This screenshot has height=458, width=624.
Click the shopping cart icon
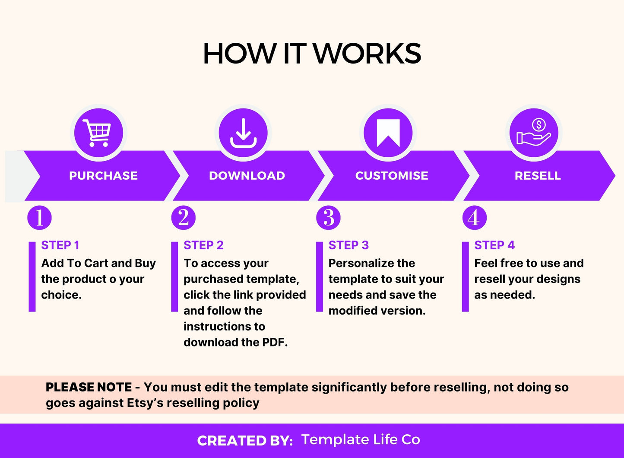pos(97,133)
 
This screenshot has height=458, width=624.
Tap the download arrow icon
pos(243,133)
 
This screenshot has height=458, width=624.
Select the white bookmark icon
pos(388,133)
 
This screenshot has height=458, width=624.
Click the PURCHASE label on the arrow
pos(103,175)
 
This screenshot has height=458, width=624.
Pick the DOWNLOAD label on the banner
pos(247,175)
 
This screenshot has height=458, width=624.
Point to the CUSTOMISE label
pos(392,175)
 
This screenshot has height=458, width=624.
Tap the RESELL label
pos(538,175)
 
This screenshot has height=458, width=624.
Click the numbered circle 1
pos(40,218)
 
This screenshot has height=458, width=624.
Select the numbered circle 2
pos(183,218)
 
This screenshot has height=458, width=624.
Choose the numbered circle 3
pos(329,218)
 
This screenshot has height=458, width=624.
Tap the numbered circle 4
pos(475,218)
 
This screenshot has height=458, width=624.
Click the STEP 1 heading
pos(60,245)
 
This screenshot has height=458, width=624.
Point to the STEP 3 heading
pos(348,245)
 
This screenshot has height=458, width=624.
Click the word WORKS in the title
pos(367,54)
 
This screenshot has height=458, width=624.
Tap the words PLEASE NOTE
pos(89,387)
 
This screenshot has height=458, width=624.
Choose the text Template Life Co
pos(361,439)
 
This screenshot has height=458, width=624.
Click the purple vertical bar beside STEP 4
pos(465,277)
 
